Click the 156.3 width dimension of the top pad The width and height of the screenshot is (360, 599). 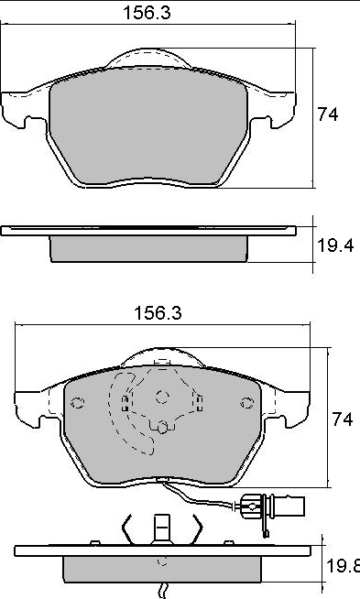pos(147,13)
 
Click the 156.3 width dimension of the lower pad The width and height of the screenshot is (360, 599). pos(158,313)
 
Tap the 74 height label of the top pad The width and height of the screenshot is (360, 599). pos(328,114)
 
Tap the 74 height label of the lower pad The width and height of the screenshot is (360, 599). pos(342,419)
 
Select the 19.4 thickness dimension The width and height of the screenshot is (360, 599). pos(335,245)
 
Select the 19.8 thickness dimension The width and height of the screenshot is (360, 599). pos(343,566)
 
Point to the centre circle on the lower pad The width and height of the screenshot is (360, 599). pos(162,397)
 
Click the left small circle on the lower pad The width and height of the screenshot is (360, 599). pos(78,403)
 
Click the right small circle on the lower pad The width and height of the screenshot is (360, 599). pos(247,403)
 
